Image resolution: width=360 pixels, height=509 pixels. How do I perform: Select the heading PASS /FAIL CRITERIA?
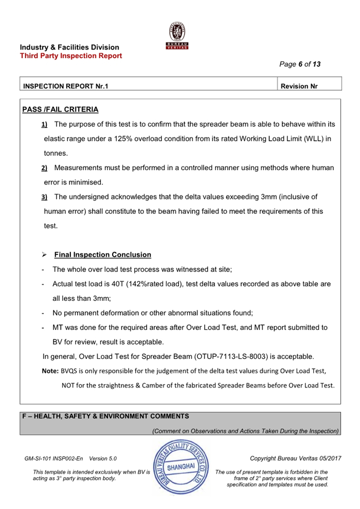60,110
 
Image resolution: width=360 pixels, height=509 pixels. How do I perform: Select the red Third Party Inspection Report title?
71,56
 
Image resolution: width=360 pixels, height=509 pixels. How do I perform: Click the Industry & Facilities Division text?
69,47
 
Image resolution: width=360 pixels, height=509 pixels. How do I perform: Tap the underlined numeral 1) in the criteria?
44,124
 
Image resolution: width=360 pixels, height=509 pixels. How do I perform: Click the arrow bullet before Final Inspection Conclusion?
44,254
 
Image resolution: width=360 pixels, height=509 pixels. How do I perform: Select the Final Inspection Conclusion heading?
102,254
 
